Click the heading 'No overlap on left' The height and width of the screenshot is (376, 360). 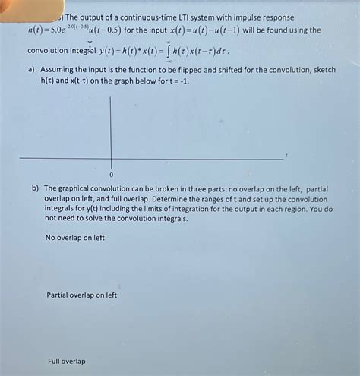coord(75,238)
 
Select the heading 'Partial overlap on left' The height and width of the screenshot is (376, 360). coord(82,295)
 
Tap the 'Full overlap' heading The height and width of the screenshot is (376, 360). coord(67,361)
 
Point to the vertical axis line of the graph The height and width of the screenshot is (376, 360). coord(112,129)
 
